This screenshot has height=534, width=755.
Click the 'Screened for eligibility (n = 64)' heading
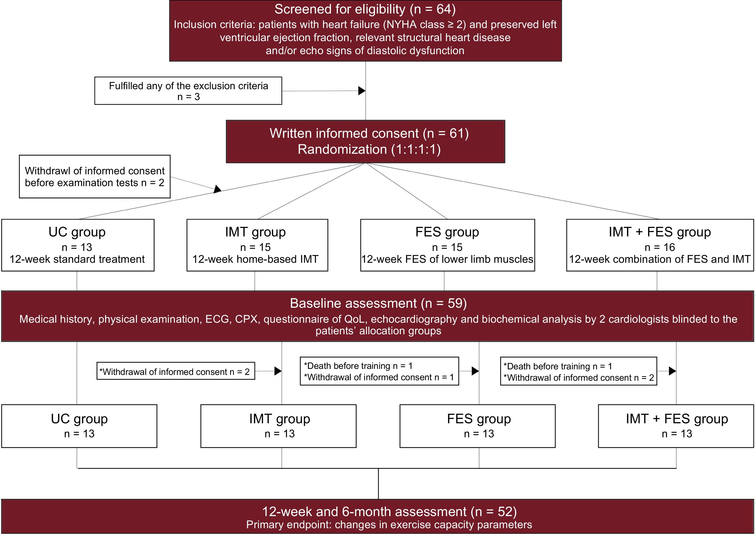pos(365,9)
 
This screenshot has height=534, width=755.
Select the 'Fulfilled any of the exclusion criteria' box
pos(188,91)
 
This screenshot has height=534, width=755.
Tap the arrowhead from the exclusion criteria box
pos(361,91)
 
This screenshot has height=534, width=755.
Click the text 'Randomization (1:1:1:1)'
pos(369,149)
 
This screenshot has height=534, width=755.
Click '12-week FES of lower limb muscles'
pos(447,259)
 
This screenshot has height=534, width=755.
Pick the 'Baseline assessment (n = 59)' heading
pos(378,303)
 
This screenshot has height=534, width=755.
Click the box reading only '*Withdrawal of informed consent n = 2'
pos(176,372)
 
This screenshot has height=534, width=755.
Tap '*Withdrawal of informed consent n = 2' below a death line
pos(579,377)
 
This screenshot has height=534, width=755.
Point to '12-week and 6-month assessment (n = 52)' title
pos(389,512)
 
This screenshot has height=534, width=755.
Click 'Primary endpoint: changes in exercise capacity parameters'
pos(389,525)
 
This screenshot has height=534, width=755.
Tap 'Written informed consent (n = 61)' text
pos(369,133)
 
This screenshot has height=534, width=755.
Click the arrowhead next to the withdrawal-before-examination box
pos(217,189)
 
